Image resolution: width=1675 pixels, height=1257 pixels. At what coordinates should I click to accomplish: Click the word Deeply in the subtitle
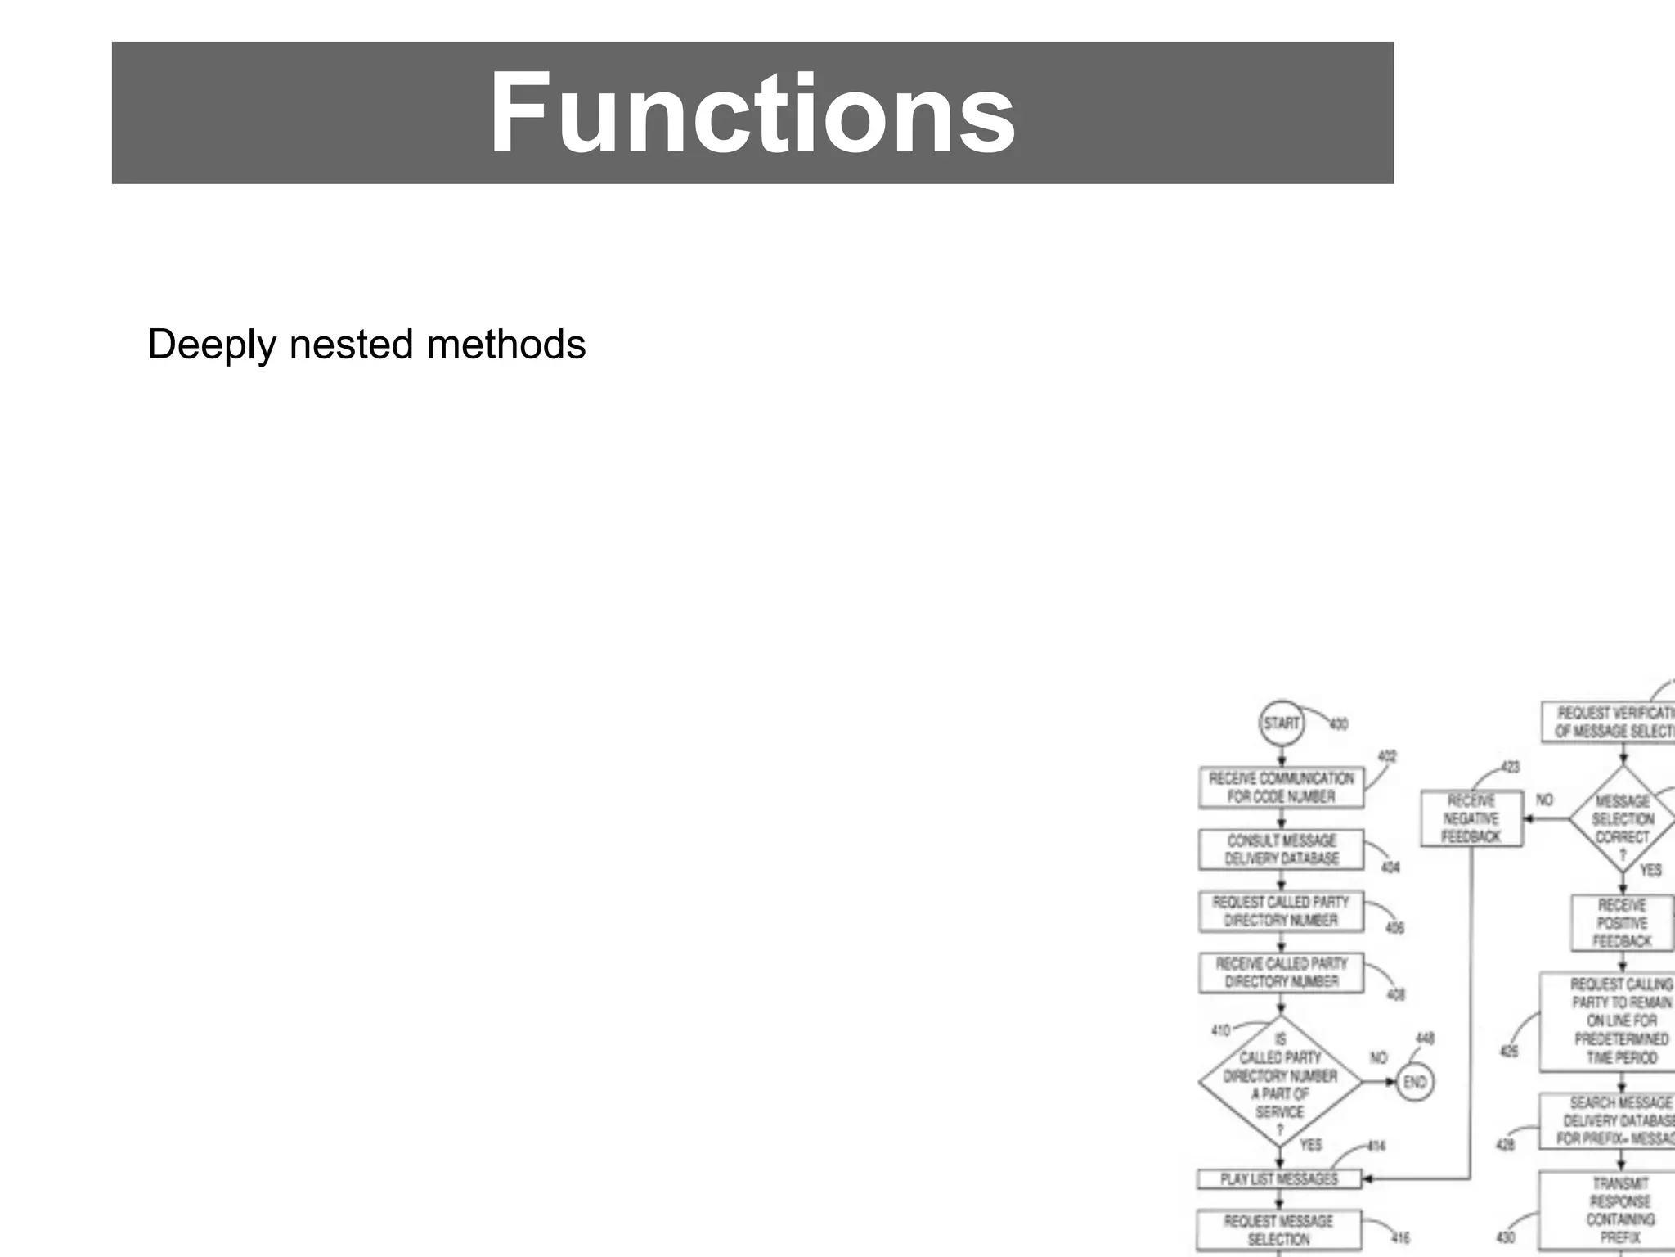coord(212,345)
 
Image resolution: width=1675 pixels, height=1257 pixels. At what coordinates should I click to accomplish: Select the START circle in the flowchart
coord(1281,723)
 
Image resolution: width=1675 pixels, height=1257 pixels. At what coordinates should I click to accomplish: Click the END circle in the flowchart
coord(1414,1082)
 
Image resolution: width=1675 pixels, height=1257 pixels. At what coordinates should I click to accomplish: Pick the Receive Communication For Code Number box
coord(1281,787)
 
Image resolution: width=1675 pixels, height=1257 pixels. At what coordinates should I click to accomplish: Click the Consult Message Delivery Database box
coord(1281,849)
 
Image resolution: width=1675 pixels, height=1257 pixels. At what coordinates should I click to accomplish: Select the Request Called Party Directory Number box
coord(1281,911)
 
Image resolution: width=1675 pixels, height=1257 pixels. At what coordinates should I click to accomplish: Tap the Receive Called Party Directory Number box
coord(1281,972)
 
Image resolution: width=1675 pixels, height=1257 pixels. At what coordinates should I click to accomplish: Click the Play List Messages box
coord(1279,1178)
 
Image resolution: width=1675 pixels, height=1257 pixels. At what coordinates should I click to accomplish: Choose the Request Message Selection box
coord(1279,1230)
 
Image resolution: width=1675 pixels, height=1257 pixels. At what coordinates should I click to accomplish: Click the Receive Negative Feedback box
coord(1471,818)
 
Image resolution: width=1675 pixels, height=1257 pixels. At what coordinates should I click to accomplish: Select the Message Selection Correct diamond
coord(1623,818)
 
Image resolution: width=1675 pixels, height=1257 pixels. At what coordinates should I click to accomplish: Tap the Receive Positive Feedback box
coord(1623,923)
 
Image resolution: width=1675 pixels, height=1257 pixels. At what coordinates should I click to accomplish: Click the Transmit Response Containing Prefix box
coord(1621,1210)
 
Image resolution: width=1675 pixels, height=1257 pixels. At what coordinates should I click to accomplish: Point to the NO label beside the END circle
coord(1378,1058)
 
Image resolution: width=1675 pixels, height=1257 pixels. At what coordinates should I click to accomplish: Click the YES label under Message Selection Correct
coord(1650,870)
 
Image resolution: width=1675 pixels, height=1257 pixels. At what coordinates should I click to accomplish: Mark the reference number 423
coord(1510,767)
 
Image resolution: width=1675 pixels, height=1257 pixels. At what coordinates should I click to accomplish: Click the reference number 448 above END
coord(1425,1038)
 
